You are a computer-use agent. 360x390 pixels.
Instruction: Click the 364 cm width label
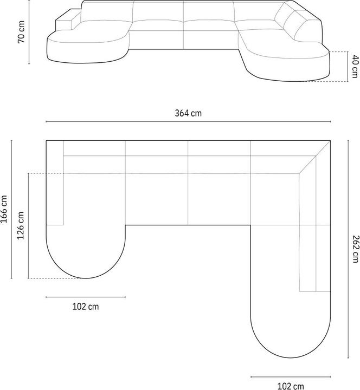click(x=188, y=113)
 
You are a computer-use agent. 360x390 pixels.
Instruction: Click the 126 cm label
click(x=21, y=226)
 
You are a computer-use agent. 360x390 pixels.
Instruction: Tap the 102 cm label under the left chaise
click(x=86, y=307)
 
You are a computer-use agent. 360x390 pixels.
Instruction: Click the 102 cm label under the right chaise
click(x=290, y=386)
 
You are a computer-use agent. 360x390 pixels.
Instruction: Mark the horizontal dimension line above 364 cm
click(x=188, y=122)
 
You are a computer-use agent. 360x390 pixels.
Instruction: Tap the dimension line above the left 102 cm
click(x=86, y=297)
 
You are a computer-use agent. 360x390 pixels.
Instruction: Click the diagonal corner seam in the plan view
click(x=315, y=157)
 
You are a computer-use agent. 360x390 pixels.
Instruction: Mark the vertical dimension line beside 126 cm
click(x=29, y=226)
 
